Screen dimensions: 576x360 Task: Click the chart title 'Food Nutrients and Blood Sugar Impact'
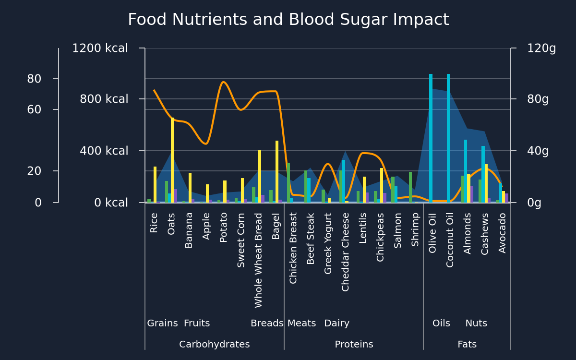point(288,20)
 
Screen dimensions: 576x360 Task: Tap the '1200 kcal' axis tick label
point(100,48)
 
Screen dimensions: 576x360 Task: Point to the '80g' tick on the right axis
point(538,99)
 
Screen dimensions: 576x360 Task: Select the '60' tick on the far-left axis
point(34,109)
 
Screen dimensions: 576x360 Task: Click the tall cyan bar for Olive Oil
point(431,138)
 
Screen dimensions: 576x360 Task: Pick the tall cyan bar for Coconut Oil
point(448,138)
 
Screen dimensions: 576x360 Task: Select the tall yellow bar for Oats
point(172,160)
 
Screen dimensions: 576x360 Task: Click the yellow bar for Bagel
point(277,171)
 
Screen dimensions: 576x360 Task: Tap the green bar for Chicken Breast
point(288,182)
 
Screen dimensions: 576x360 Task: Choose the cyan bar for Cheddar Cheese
point(344,181)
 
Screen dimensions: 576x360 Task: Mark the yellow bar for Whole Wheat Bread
point(260,176)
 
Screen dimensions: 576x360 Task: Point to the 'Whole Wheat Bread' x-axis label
point(258,260)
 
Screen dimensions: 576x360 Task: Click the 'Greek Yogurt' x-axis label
point(328,243)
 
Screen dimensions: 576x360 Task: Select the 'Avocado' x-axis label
point(502,233)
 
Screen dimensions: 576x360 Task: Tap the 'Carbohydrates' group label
point(215,344)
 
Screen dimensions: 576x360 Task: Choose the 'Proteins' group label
point(354,344)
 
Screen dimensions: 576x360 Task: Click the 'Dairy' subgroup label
point(337,323)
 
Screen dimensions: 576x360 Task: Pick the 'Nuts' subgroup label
point(476,323)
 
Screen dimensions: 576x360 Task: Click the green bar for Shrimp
point(410,187)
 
